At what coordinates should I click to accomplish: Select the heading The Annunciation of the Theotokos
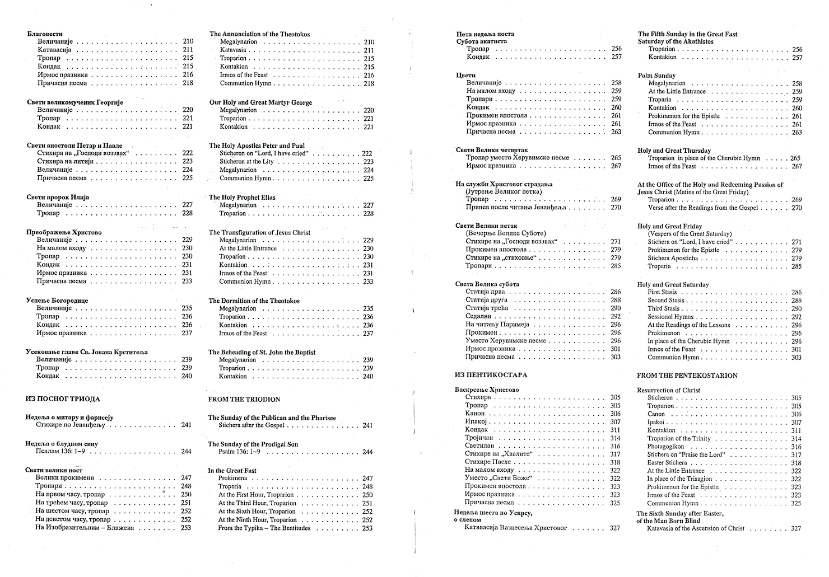259,34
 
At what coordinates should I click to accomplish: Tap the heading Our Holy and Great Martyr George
260,102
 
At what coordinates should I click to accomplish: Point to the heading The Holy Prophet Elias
242,197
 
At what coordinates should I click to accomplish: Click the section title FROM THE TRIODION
244,400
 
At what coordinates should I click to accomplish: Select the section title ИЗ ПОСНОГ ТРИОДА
63,399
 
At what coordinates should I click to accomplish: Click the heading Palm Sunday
656,76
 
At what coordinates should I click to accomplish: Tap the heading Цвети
466,75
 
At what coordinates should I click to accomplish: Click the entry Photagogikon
665,447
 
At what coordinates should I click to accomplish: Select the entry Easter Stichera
667,463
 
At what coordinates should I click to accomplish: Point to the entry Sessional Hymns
670,317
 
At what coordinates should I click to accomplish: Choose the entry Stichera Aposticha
673,258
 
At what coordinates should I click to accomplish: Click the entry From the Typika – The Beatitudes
264,528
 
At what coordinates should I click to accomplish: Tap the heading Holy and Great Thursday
674,151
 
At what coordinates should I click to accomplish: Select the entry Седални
478,316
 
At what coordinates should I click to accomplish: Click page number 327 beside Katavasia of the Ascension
796,528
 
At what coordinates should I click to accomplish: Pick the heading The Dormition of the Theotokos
254,301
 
